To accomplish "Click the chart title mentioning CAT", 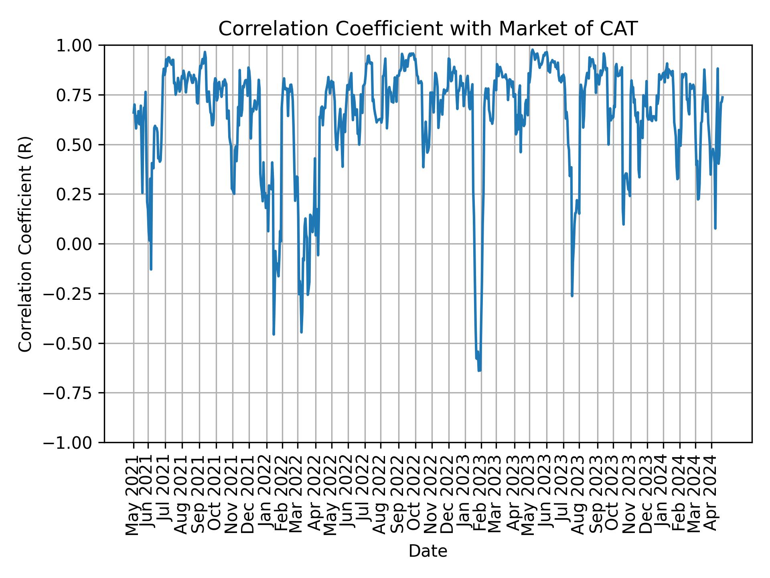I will (428, 29).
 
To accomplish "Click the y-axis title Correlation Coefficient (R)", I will (25, 244).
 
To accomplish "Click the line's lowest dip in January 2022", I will (274, 334).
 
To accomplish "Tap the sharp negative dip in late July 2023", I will (572, 296).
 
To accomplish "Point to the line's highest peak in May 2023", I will (532, 50).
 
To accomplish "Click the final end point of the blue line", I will (722, 97).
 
